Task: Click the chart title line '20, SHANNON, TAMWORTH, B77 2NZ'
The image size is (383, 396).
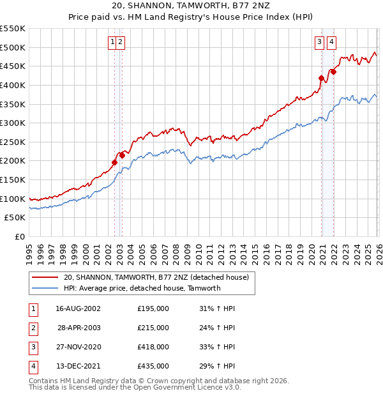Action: pyautogui.click(x=191, y=7)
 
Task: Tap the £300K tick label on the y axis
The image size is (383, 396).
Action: pyautogui.click(x=13, y=123)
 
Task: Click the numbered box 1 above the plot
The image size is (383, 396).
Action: pyautogui.click(x=113, y=43)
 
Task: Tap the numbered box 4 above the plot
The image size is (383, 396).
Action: pyautogui.click(x=332, y=43)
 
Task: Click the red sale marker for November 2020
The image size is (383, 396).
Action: pyautogui.click(x=321, y=78)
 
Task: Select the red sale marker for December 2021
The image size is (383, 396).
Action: pyautogui.click(x=333, y=72)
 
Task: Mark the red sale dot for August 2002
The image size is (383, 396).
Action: pyautogui.click(x=115, y=162)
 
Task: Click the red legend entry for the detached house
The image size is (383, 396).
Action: pyautogui.click(x=160, y=277)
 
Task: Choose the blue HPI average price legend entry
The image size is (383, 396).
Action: pyautogui.click(x=142, y=288)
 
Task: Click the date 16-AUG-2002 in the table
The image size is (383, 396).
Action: pyautogui.click(x=78, y=308)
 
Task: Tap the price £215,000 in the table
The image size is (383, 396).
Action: pyautogui.click(x=153, y=328)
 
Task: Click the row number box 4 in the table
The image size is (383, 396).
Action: pyautogui.click(x=31, y=367)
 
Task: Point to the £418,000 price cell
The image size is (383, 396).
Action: pyautogui.click(x=153, y=347)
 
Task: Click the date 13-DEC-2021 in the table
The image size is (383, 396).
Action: pyautogui.click(x=78, y=367)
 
